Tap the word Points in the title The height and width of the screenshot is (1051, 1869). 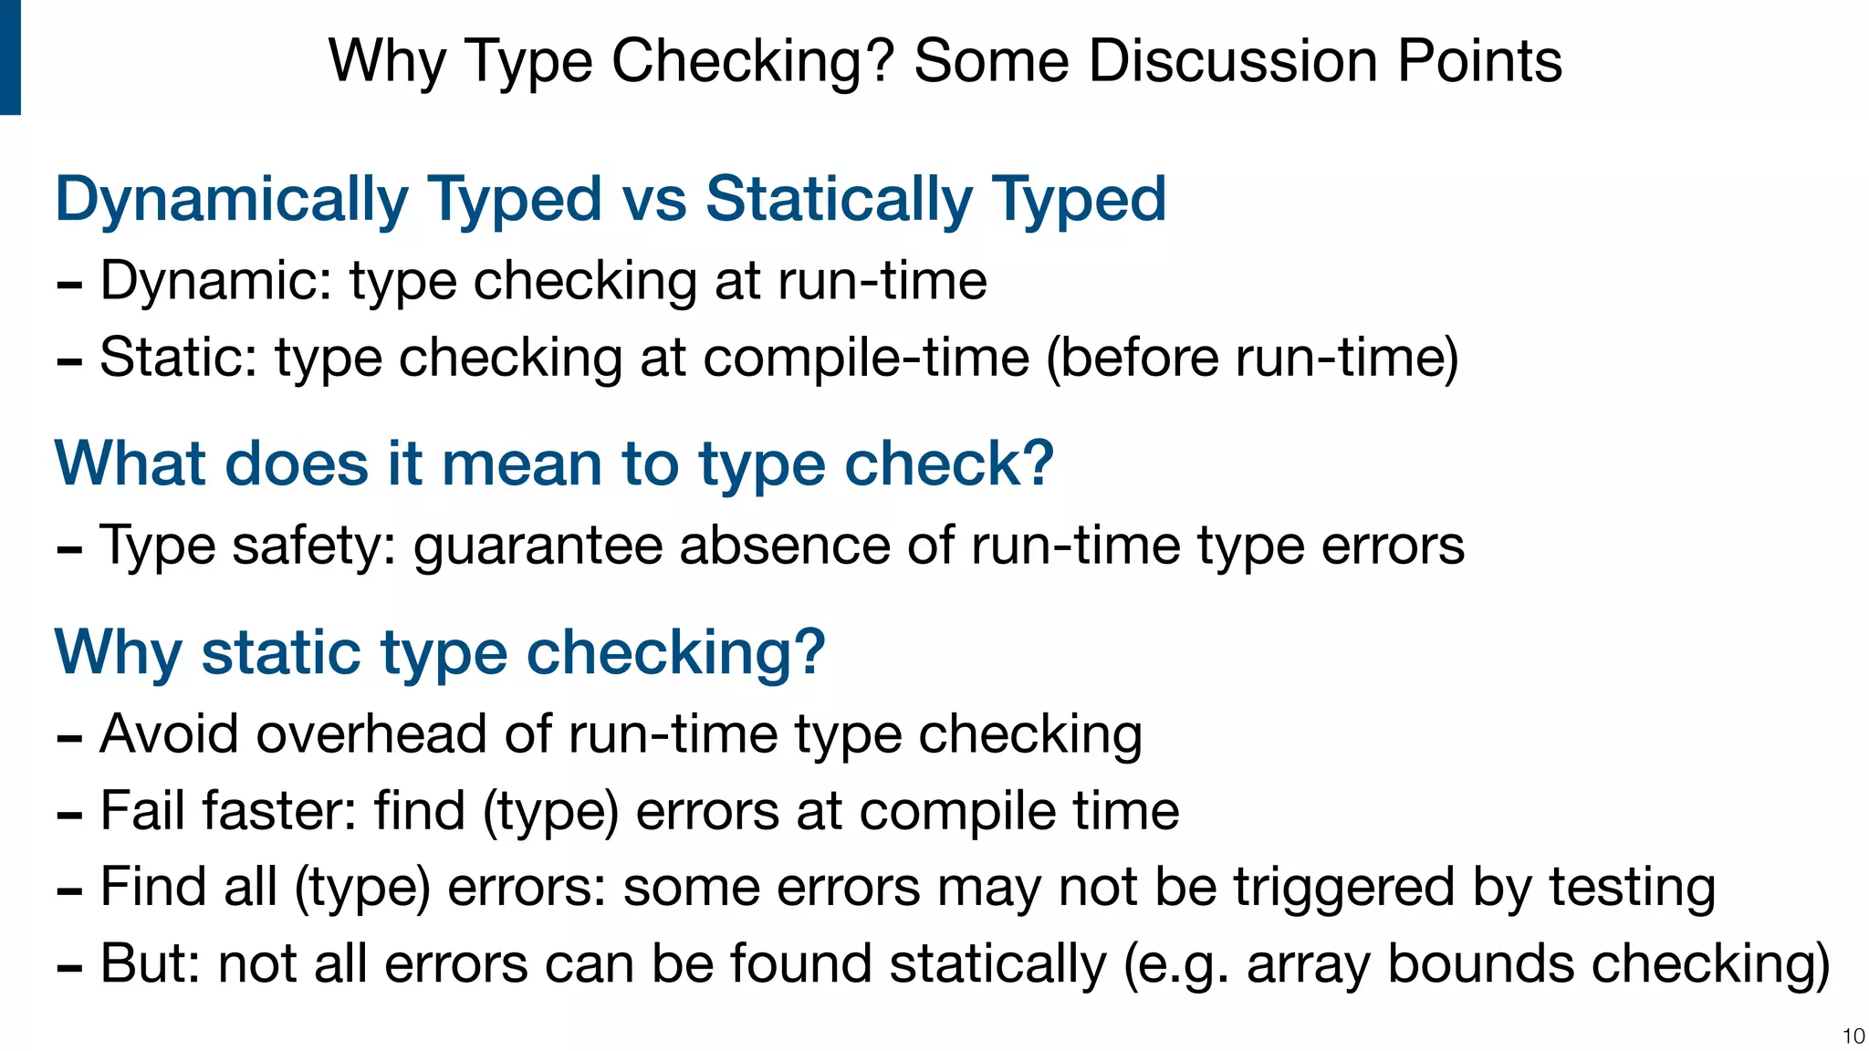pyautogui.click(x=1479, y=61)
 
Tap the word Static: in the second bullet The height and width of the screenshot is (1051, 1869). pyautogui.click(x=179, y=357)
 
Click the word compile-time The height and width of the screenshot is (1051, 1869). pyautogui.click(x=866, y=357)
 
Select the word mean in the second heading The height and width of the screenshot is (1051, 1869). pyautogui.click(x=520, y=463)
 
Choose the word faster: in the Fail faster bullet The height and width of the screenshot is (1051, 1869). pyautogui.click(x=279, y=810)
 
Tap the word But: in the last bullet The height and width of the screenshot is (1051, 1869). pyautogui.click(x=150, y=963)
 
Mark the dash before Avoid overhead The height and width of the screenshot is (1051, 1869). pyautogui.click(x=69, y=736)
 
